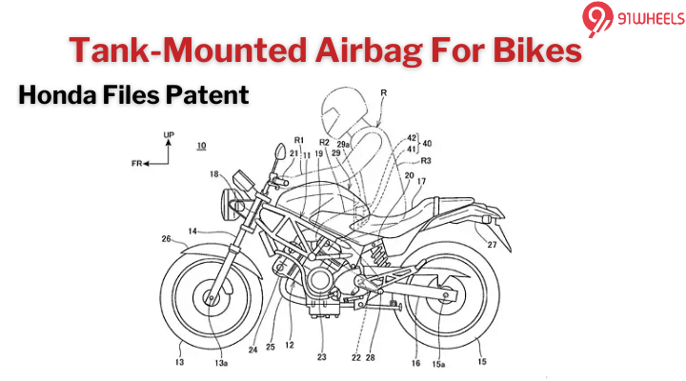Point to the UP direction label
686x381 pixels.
pos(169,136)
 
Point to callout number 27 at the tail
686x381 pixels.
pos(493,245)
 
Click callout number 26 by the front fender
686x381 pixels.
pos(166,239)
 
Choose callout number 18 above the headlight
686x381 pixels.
pos(215,173)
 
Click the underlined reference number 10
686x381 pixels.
pos(201,146)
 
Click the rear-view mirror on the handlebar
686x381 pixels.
pos(280,151)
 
